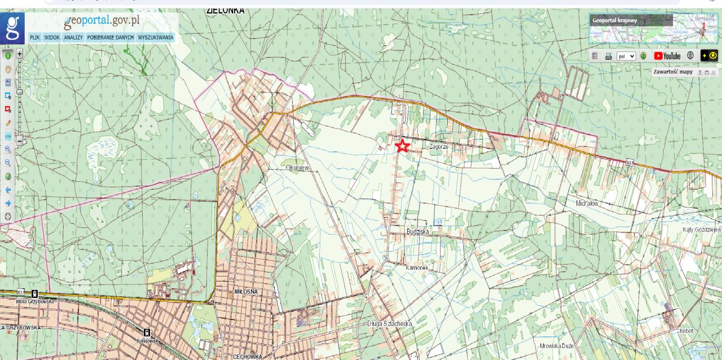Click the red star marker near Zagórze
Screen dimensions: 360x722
402,146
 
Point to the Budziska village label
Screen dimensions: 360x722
417,232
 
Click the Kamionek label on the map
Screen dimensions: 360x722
417,267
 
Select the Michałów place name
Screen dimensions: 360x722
587,203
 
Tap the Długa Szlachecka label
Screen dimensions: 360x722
389,324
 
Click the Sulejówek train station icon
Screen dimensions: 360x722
147,332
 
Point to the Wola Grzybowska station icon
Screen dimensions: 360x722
35,293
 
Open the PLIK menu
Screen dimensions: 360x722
35,38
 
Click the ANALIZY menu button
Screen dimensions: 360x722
73,38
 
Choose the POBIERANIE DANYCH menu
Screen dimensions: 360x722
111,38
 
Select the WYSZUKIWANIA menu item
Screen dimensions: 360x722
156,38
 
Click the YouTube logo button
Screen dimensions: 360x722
667,56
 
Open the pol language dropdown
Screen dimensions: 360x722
626,56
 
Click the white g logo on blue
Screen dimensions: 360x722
12,28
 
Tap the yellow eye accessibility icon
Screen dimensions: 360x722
709,56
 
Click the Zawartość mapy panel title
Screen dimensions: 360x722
672,72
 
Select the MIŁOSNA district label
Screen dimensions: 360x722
245,291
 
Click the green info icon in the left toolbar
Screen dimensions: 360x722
8,55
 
